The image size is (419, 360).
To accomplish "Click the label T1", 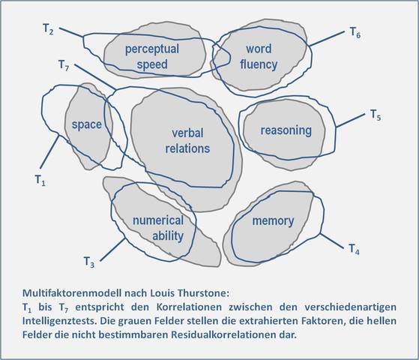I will coord(40,179).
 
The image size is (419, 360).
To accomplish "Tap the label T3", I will coord(88,262).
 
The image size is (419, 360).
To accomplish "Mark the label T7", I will coord(64,65).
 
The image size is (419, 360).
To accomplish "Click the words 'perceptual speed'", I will coord(152,57).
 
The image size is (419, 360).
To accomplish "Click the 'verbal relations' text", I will coord(187,140).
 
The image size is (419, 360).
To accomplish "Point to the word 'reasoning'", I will coord(286,130).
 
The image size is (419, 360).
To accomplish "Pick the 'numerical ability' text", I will coord(157,228).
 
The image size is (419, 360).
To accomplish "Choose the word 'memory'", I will coord(273,221).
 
